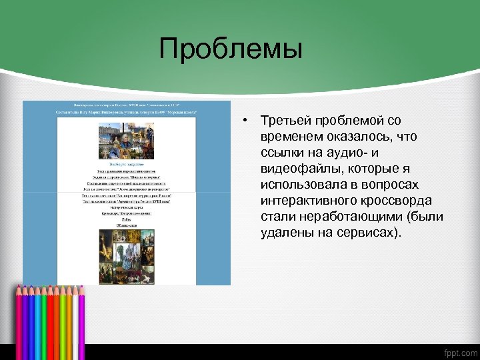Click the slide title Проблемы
pos(231,49)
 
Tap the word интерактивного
pos(306,201)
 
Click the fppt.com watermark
pos(459,352)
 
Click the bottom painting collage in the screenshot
pos(127,257)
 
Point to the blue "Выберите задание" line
pos(127,162)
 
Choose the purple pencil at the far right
pos(82,320)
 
